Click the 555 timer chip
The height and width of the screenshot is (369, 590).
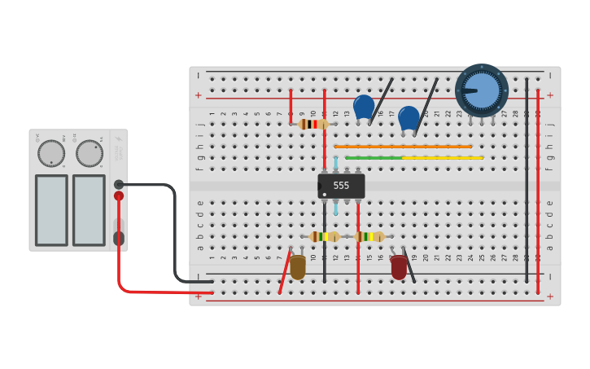click(x=341, y=186)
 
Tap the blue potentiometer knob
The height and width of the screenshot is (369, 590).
click(x=482, y=90)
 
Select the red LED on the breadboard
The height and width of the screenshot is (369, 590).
click(x=399, y=267)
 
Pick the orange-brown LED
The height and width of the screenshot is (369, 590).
click(x=298, y=267)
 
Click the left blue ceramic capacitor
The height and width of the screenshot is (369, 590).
click(x=364, y=107)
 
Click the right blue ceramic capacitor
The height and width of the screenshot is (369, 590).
click(x=409, y=117)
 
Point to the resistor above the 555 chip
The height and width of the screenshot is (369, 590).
click(x=312, y=124)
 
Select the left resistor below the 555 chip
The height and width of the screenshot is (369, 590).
click(x=325, y=236)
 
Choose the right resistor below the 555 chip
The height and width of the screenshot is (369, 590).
click(x=369, y=236)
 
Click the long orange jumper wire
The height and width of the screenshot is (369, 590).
click(x=403, y=147)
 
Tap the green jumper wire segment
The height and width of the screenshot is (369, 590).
click(x=373, y=157)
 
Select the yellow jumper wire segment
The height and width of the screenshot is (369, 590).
click(x=443, y=157)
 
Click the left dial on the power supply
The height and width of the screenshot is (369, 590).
click(x=51, y=153)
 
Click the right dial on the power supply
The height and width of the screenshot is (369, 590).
click(x=90, y=153)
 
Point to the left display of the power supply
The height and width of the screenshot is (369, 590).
click(x=51, y=210)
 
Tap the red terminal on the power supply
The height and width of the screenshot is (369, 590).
click(x=119, y=195)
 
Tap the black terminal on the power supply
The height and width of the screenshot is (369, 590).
click(x=119, y=184)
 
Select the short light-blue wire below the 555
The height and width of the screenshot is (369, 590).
click(x=335, y=208)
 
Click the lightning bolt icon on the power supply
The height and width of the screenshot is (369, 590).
click(x=118, y=139)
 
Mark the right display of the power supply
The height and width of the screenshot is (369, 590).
click(x=89, y=210)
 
